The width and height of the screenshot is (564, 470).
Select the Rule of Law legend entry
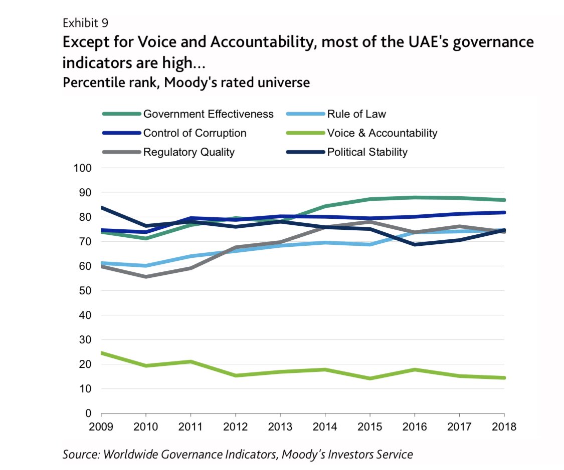(x=356, y=114)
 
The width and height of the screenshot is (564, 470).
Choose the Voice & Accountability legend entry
(x=382, y=133)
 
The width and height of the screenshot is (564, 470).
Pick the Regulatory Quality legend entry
(x=189, y=152)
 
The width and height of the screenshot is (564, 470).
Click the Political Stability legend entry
(x=367, y=152)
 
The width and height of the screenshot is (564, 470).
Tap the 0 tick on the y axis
(x=87, y=413)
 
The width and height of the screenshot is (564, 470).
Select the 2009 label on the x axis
(x=101, y=427)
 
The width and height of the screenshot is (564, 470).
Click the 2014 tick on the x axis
(x=325, y=427)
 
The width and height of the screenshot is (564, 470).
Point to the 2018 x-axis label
(x=504, y=427)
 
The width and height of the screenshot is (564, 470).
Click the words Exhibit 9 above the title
(x=85, y=23)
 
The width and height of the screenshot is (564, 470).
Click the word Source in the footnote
(x=80, y=454)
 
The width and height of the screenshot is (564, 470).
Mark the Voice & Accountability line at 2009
(x=102, y=353)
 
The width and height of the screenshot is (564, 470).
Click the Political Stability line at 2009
(x=102, y=207)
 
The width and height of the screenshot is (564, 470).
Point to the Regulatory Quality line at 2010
(x=146, y=277)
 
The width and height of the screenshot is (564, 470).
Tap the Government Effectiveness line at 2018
(x=504, y=200)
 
